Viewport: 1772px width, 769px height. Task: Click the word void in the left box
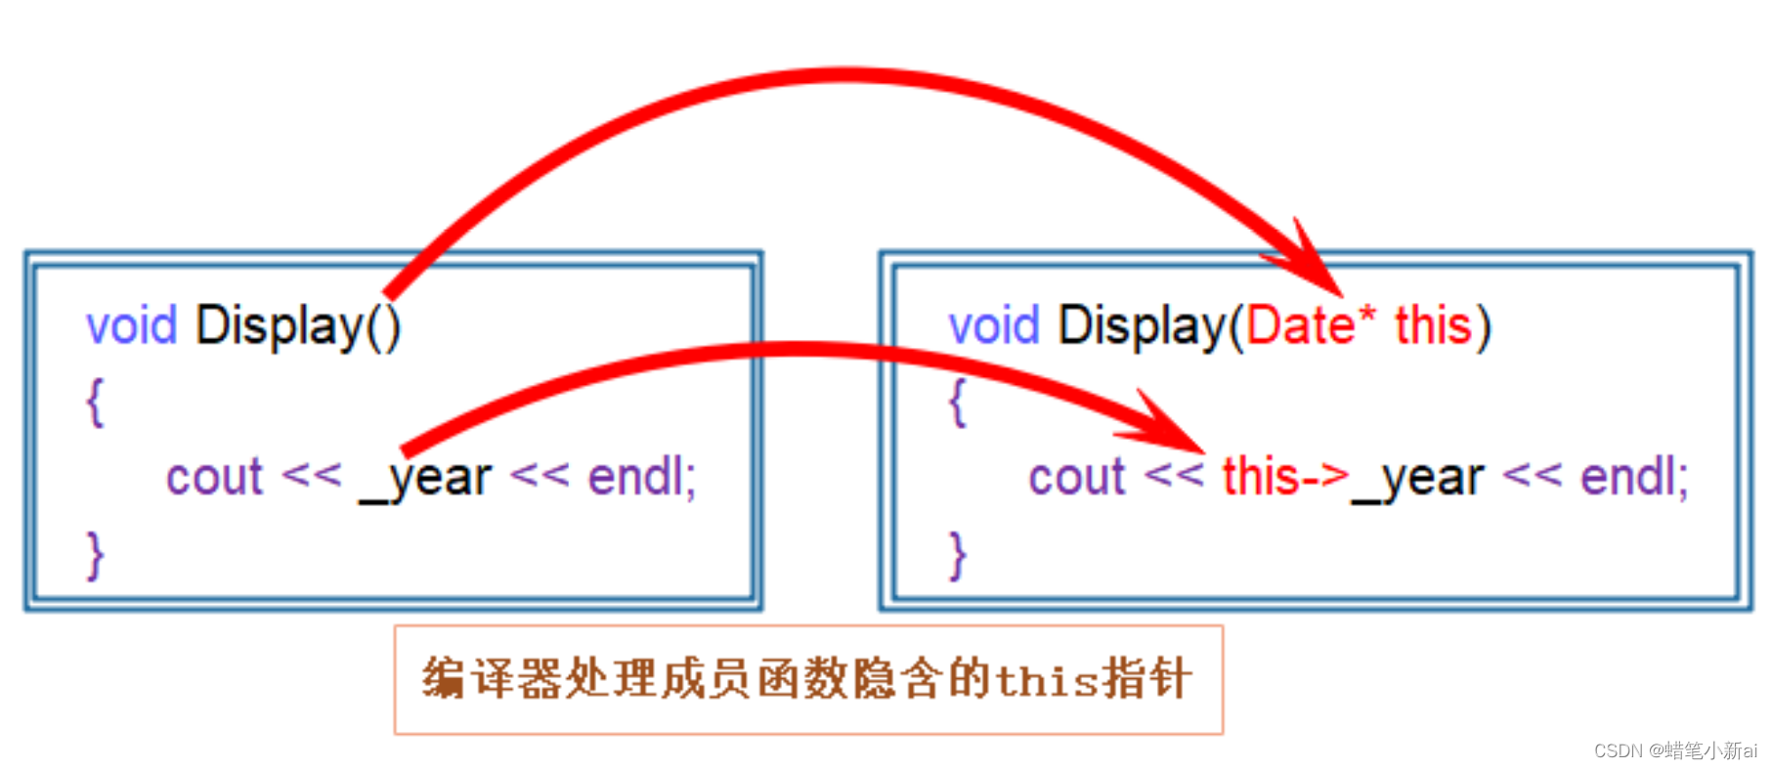[x=131, y=325]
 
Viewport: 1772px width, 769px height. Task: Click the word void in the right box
[x=993, y=325]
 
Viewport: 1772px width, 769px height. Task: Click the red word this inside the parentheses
[x=1433, y=325]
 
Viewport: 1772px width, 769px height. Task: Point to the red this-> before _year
[x=1284, y=478]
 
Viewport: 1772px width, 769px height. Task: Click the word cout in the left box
[x=214, y=478]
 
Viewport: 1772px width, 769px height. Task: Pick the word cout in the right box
[x=1076, y=478]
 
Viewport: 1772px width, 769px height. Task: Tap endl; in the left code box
[x=641, y=478]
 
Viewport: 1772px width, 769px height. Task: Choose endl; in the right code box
[x=1634, y=478]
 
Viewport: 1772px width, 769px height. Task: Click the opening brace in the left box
[x=95, y=402]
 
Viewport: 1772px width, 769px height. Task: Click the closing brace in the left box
[x=95, y=555]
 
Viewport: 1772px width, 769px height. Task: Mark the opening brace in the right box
[x=958, y=402]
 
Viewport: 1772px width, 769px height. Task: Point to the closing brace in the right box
[x=958, y=555]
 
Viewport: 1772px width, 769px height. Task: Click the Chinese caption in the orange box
[x=807, y=679]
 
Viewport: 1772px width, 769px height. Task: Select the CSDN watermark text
[x=1674, y=750]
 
